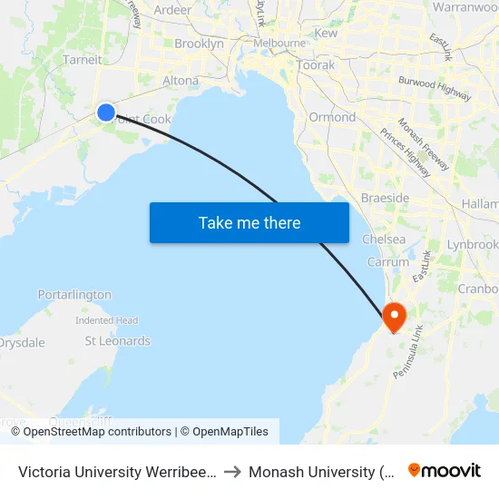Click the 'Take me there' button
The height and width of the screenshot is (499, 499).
[249, 222]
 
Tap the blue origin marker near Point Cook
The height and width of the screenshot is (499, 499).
[106, 112]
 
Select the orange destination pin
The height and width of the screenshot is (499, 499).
[395, 317]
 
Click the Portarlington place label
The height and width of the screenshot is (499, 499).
[74, 295]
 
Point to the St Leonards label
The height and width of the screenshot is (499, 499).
[117, 341]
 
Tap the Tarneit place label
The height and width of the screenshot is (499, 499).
[82, 60]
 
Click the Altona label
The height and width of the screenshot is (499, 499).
[180, 81]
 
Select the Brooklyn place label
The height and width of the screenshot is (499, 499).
[199, 44]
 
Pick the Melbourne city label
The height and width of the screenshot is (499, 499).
[279, 43]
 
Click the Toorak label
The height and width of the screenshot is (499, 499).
[316, 65]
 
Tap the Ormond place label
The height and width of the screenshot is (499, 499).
[332, 117]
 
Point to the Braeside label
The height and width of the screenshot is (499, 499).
[385, 198]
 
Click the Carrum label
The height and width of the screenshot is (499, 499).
[388, 262]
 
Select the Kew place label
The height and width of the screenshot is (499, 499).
[326, 33]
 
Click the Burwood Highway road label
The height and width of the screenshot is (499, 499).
[435, 88]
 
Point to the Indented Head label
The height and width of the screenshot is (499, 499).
[106, 320]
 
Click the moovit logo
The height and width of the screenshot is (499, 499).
[444, 470]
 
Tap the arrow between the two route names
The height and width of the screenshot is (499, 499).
[232, 472]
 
